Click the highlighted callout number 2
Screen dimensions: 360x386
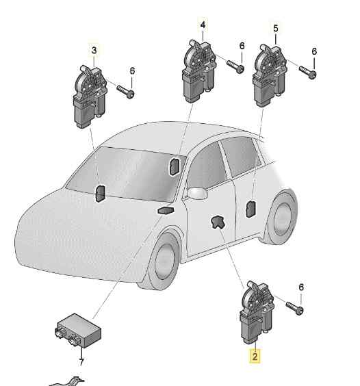coord(255,356)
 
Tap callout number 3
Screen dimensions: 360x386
coord(94,50)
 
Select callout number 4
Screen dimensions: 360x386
coord(203,25)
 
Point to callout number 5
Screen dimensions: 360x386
coord(276,28)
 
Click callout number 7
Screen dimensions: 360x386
coord(81,362)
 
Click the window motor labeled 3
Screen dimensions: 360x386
coord(90,96)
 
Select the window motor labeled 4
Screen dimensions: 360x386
coord(199,71)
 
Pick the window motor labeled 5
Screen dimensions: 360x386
coord(270,75)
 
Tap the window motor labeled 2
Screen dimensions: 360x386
coord(257,312)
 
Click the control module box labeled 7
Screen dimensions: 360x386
coord(78,331)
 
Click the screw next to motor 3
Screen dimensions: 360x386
coord(125,92)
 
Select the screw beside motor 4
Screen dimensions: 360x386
coord(235,66)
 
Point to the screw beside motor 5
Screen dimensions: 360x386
coord(308,73)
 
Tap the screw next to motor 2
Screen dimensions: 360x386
coord(295,308)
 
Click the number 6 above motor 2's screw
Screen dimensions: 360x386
coord(301,287)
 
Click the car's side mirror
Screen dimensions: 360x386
coord(197,193)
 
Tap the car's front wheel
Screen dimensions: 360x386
coord(164,261)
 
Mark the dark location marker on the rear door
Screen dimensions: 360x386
coord(251,209)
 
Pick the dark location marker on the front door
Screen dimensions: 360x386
coord(217,222)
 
